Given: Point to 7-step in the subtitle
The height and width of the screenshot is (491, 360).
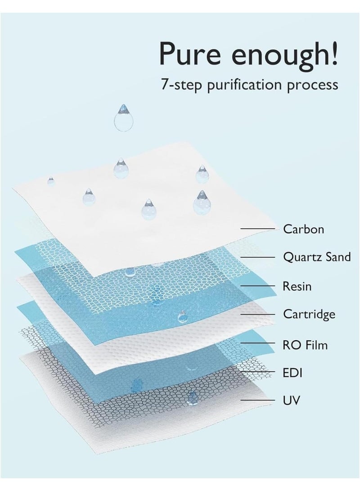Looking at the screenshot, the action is [x=181, y=85].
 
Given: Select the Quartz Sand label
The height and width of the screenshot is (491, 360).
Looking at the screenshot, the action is [x=316, y=257].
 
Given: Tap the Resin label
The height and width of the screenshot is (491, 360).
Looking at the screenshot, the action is [x=297, y=286].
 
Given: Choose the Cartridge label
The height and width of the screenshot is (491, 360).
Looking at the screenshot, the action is [x=309, y=314].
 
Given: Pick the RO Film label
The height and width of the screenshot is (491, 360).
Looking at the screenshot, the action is [x=305, y=345].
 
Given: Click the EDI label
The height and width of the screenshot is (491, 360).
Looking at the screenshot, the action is [x=292, y=373].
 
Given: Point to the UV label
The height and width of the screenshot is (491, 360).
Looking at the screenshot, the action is [x=291, y=400].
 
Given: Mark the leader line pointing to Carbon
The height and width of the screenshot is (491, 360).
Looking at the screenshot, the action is [x=258, y=229].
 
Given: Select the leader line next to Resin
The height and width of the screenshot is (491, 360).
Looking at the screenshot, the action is [x=258, y=286].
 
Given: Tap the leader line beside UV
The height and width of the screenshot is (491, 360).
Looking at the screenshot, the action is [x=258, y=400].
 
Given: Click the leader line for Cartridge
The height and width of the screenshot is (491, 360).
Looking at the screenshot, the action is [x=258, y=314].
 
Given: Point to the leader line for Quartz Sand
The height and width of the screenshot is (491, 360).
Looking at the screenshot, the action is [x=258, y=257].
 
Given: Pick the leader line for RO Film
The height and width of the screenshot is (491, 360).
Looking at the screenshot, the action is [x=258, y=343].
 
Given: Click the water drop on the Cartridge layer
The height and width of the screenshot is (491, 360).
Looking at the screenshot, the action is [x=182, y=316].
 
